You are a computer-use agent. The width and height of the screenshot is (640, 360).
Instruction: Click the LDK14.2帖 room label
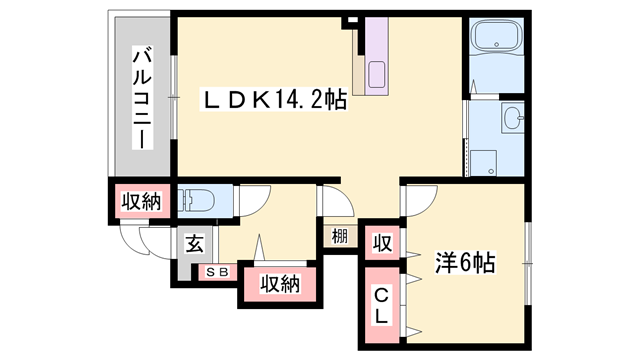[x=275, y=101]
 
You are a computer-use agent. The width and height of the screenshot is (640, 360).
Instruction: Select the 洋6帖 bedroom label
[x=465, y=264]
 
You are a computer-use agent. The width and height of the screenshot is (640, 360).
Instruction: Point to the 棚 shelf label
[x=341, y=238]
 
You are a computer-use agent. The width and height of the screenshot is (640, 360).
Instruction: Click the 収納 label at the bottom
[x=281, y=284]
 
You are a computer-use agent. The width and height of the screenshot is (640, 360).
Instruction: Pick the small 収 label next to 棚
[x=381, y=242]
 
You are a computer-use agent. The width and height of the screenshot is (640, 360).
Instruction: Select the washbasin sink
[x=515, y=120]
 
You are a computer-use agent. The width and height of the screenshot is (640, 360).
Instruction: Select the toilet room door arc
[x=250, y=197]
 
